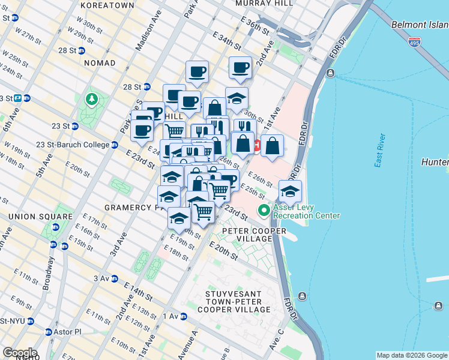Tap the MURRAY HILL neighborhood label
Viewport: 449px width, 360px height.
tap(264, 3)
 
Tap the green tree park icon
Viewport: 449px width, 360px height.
tap(91, 98)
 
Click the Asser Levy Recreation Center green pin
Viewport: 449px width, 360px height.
tap(263, 211)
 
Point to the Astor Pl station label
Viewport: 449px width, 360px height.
tap(65, 332)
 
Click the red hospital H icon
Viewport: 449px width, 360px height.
tap(258, 145)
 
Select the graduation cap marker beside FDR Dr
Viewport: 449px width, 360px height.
tap(290, 191)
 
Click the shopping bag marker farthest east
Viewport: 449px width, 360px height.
tap(272, 146)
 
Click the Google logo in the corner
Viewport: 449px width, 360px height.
tap(20, 353)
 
